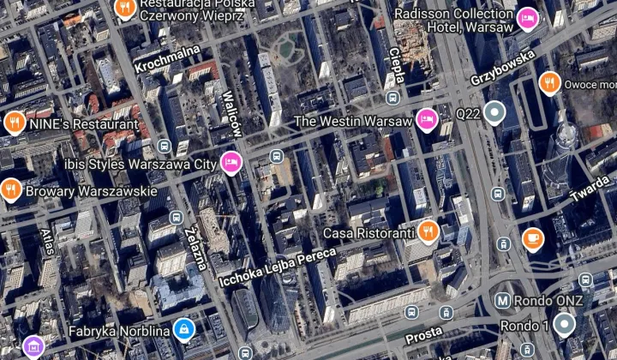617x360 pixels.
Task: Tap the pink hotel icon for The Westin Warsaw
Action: (425, 119)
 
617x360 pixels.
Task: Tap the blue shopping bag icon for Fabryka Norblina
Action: (183, 329)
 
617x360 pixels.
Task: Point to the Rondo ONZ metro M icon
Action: (503, 301)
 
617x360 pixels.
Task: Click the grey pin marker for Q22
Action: (494, 111)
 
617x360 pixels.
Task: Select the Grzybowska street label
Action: (502, 68)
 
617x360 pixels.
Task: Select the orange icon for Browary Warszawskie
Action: (11, 189)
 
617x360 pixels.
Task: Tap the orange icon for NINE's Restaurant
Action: (14, 123)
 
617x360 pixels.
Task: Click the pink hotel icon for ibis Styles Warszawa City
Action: (230, 162)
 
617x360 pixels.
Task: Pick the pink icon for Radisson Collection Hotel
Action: (526, 17)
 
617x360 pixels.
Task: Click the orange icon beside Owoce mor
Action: (549, 83)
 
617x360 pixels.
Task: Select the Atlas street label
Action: (46, 243)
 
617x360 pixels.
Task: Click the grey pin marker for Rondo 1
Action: (563, 324)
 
